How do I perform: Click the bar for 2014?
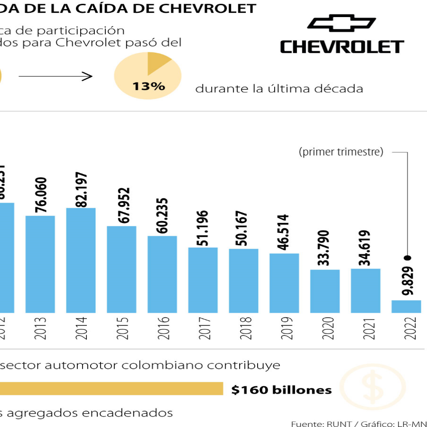[81, 260]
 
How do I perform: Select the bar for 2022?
[406, 306]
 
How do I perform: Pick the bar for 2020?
[325, 291]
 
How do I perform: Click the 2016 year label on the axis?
[163, 327]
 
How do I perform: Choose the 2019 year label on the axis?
[285, 327]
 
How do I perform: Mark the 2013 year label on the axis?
[40, 327]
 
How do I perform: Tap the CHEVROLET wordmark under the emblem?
[342, 47]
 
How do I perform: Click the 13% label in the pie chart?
[149, 86]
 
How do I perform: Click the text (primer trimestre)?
[341, 152]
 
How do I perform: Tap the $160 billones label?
[281, 390]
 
